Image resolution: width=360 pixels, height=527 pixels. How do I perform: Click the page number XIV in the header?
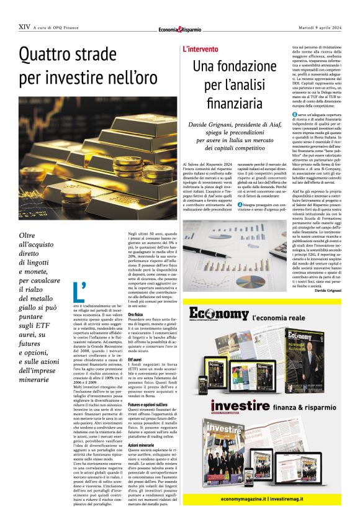click(x=24, y=27)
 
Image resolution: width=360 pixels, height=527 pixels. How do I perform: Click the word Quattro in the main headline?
click(x=49, y=56)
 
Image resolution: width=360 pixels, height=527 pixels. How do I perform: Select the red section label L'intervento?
click(x=200, y=48)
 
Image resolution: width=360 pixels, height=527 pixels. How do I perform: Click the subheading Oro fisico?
click(x=136, y=315)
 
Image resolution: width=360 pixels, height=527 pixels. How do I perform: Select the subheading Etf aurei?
click(x=135, y=359)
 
